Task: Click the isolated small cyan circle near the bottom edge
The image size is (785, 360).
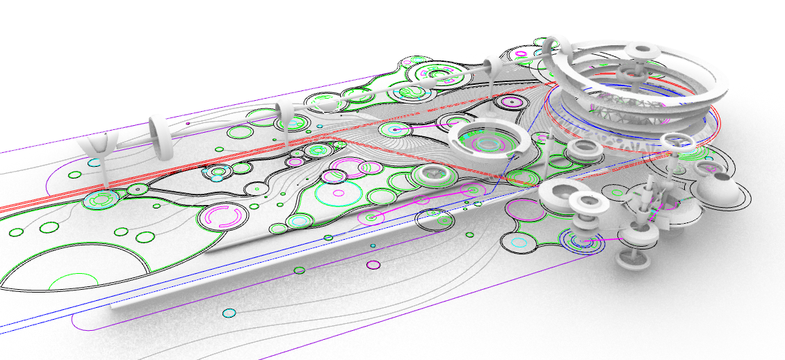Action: tap(227, 314)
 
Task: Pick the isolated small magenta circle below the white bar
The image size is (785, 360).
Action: tap(373, 264)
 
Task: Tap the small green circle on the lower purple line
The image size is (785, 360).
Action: tap(299, 270)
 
